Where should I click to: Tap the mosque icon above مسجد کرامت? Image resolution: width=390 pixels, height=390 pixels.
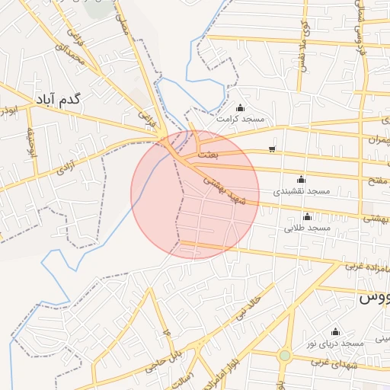pos(241,107)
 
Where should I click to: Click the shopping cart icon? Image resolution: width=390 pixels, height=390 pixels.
pos(273,149)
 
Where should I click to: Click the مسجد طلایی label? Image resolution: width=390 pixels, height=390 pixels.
pos(308,228)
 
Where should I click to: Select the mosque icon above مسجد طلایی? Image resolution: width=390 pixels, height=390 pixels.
pos(308,216)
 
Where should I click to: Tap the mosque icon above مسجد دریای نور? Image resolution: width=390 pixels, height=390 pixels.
pos(335,331)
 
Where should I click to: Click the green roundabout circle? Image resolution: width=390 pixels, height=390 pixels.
pos(285,356)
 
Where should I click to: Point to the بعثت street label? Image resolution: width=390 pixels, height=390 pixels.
pos(207,155)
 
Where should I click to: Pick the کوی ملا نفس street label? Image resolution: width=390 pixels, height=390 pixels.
pos(305,46)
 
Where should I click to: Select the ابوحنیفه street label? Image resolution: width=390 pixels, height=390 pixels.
pos(32,140)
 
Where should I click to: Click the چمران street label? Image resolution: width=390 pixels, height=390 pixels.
pos(377,142)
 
